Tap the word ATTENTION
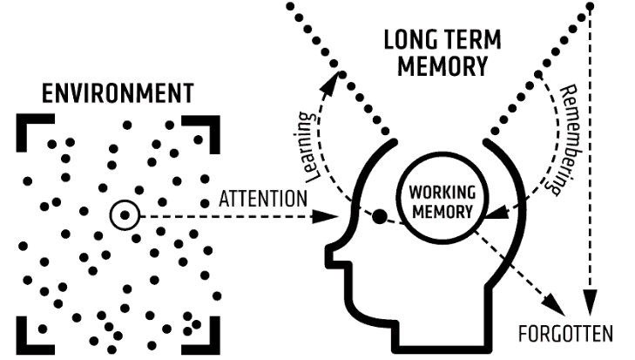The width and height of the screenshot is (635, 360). click(x=263, y=199)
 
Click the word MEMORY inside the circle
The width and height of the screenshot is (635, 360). click(x=440, y=210)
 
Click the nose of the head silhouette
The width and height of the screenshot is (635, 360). click(x=332, y=254)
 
